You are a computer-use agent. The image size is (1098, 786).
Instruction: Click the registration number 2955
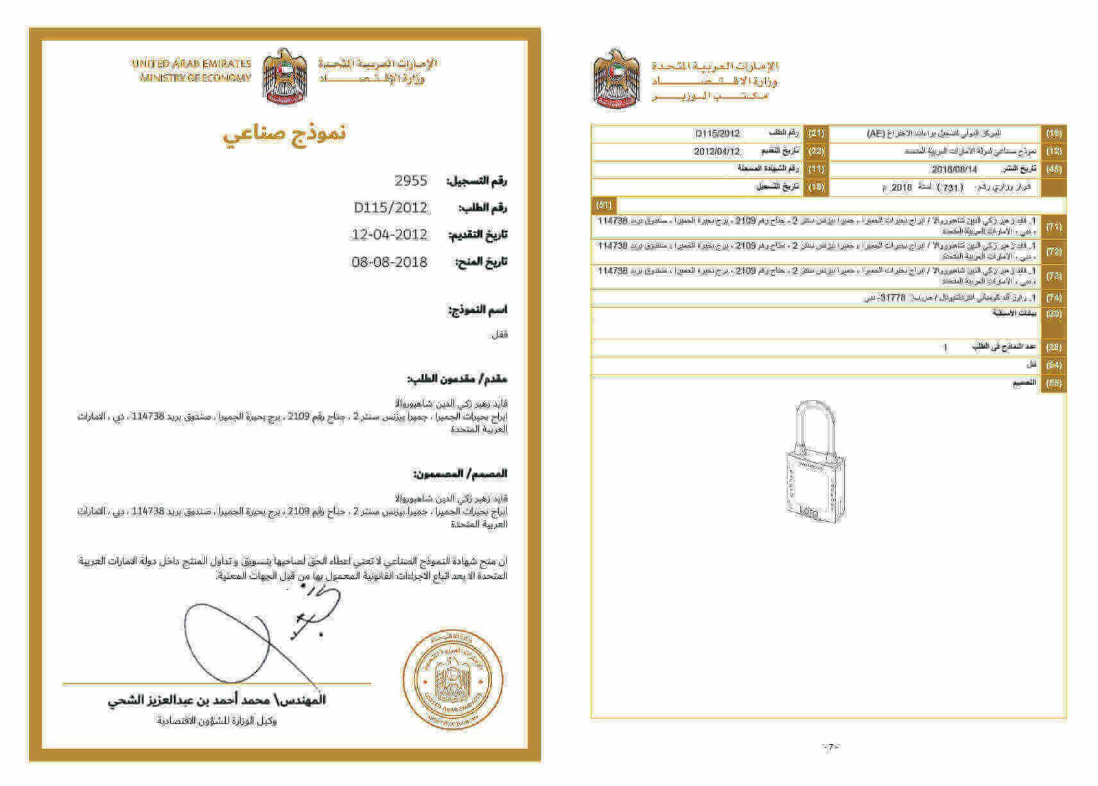(410, 181)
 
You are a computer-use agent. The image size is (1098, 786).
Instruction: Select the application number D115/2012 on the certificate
(390, 208)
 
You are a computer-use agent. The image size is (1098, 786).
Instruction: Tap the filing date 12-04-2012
(389, 235)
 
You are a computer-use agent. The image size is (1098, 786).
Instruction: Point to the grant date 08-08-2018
(389, 262)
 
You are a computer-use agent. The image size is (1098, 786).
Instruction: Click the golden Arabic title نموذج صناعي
(284, 134)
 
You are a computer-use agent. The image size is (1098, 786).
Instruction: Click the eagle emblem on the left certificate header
(285, 75)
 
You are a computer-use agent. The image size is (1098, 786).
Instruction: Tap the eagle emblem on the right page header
(616, 79)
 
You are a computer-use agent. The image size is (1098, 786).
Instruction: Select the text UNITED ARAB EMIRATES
(191, 64)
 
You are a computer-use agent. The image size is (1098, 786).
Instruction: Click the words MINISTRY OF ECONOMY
(196, 78)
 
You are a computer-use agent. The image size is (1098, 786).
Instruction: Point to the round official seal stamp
(453, 679)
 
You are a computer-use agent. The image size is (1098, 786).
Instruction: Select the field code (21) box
(816, 133)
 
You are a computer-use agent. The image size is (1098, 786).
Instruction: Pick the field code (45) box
(1053, 169)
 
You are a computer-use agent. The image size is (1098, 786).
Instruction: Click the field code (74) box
(1053, 298)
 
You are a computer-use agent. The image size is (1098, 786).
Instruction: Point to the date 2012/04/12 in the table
(716, 151)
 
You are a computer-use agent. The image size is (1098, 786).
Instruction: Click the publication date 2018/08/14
(954, 169)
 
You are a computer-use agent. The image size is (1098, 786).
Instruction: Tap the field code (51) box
(604, 205)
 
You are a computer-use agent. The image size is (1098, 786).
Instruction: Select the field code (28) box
(1053, 347)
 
